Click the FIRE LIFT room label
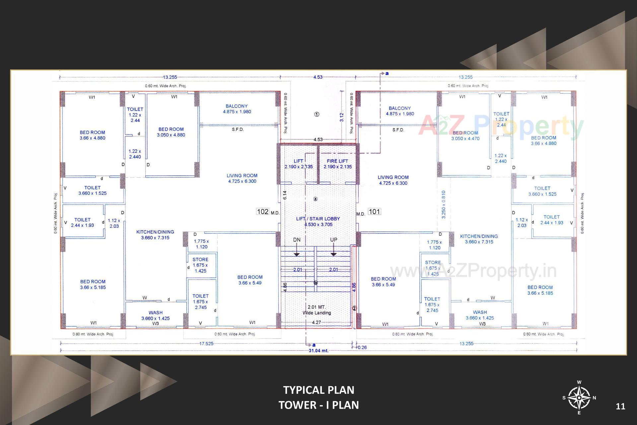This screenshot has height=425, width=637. point(337,161)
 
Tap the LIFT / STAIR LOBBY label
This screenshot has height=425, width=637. point(318,219)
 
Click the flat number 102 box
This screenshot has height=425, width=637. point(263,212)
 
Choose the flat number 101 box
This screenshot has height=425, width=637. point(374,212)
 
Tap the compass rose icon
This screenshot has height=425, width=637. point(579,398)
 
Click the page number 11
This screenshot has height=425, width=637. point(620,406)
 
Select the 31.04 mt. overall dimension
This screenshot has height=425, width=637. point(318,351)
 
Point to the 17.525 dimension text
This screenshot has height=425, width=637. point(206,344)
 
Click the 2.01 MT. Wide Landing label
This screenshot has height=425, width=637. point(317,310)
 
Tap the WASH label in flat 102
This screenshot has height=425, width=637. point(155,313)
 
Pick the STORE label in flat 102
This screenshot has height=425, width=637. point(200,260)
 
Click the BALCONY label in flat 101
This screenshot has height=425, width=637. point(399,108)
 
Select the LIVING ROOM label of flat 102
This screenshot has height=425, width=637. point(242,176)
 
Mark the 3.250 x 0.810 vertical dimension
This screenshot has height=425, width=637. point(444,205)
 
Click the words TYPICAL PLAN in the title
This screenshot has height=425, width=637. point(318,390)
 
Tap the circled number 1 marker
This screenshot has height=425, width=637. point(317,114)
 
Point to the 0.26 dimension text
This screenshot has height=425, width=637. point(363,347)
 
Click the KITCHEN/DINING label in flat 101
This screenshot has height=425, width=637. point(479,236)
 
